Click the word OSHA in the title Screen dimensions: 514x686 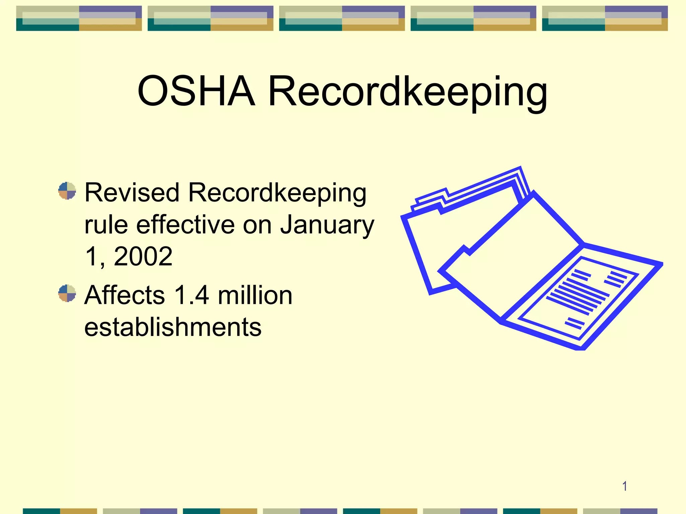coord(196,91)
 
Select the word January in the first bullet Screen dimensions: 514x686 coord(327,225)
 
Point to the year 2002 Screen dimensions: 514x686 coord(143,256)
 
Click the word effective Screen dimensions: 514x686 coord(185,225)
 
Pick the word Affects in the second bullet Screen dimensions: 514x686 coord(125,295)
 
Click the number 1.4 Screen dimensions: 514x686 coord(192,295)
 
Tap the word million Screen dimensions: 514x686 coord(255,295)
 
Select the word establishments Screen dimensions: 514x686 coord(173,327)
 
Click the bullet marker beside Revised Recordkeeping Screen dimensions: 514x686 coord(67,191)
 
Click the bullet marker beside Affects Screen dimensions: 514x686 coord(67,293)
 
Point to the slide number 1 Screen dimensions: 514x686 coord(624,486)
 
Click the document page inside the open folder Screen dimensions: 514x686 coord(578,298)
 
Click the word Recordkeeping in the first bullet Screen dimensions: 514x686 coord(277,193)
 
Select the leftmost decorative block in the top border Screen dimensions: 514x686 coord(79,18)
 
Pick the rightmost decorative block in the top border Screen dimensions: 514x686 coord(605,18)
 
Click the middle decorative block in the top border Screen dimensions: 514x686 coord(342,18)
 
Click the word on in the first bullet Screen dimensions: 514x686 coord(257,225)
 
